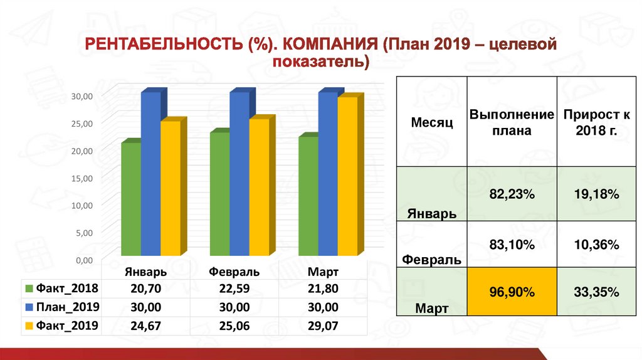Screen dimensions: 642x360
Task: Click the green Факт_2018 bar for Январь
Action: [x=131, y=199]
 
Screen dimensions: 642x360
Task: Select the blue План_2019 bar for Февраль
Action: [x=239, y=174]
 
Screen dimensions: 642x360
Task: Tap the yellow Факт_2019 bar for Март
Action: [x=347, y=176]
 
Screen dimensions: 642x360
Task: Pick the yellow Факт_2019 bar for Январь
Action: [x=171, y=188]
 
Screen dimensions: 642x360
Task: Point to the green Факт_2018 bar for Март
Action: [x=308, y=196]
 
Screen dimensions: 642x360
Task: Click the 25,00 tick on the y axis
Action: [x=82, y=124]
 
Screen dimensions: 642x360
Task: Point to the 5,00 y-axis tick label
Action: [x=85, y=233]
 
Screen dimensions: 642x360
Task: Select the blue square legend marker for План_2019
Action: [x=29, y=307]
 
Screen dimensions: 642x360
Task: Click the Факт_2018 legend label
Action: [x=67, y=289]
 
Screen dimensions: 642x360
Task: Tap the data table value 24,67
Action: [x=145, y=326]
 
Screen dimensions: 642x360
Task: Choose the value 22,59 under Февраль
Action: [x=234, y=289]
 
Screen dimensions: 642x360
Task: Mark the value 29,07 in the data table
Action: [x=323, y=326]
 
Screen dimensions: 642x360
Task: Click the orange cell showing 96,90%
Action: [x=512, y=292]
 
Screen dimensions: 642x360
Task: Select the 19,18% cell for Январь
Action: [x=597, y=194]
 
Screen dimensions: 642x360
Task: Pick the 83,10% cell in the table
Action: [x=512, y=245]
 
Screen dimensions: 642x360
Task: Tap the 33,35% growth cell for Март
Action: [x=597, y=292]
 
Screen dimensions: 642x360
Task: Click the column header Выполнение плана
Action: [x=512, y=122]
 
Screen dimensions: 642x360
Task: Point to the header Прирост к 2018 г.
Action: [x=597, y=122]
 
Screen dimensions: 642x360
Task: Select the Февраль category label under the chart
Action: [x=234, y=272]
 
